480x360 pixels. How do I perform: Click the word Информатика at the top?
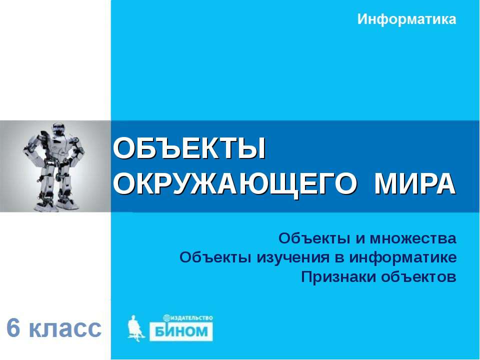pyautogui.click(x=407, y=20)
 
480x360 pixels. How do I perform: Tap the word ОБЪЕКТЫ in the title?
pyautogui.click(x=189, y=149)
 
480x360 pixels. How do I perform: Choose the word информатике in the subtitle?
pyautogui.click(x=403, y=257)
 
